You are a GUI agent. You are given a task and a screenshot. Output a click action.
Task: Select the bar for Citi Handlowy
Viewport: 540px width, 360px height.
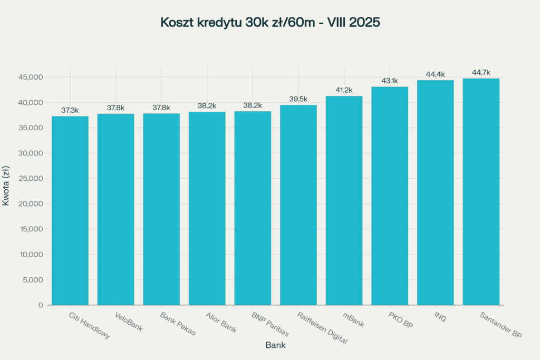click(70, 211)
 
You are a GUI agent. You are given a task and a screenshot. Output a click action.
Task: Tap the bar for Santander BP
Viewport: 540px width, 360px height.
click(481, 192)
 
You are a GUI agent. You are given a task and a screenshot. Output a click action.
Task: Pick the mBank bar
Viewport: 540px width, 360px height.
click(344, 200)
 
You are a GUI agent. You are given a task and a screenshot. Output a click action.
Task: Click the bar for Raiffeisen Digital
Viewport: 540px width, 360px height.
click(298, 205)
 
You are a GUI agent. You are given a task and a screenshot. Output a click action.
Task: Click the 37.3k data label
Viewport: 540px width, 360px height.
click(70, 110)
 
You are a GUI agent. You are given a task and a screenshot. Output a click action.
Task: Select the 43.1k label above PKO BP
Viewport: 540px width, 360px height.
click(390, 81)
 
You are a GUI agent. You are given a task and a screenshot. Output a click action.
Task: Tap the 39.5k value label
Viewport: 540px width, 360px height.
click(298, 99)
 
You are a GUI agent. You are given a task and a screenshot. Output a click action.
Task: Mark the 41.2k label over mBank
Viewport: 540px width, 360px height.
click(344, 90)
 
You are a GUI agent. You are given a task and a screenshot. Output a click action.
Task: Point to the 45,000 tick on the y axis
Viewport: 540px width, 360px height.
click(31, 77)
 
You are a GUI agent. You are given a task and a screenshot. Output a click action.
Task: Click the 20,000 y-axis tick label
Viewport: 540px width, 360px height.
click(31, 204)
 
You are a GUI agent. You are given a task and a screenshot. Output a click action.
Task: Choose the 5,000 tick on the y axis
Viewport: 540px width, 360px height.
click(33, 280)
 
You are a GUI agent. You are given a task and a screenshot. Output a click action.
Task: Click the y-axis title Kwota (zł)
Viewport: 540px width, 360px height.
click(6, 186)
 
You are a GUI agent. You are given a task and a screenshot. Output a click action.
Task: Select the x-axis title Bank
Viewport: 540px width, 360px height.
click(275, 346)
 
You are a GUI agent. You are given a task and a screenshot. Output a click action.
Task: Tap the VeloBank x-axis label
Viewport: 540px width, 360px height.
click(128, 322)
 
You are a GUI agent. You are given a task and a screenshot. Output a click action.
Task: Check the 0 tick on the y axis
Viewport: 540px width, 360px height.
click(41, 305)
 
